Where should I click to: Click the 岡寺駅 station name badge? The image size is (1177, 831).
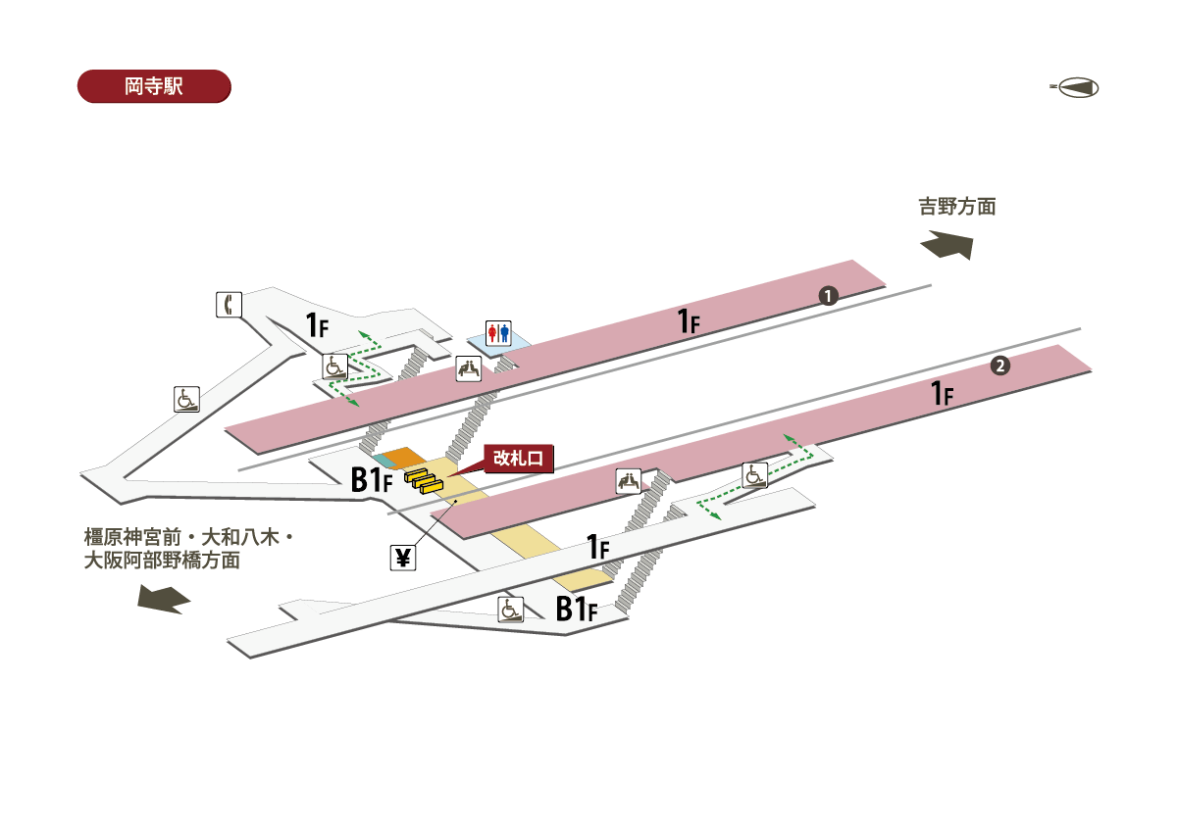[153, 86]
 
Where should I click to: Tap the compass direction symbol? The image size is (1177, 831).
[1076, 88]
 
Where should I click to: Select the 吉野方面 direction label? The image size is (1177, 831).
[956, 207]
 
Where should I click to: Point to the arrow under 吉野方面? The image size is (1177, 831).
[947, 244]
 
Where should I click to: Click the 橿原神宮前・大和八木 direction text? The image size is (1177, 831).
[189, 538]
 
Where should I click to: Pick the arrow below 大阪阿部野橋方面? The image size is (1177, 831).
[163, 599]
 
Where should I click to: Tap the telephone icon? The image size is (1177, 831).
[228, 305]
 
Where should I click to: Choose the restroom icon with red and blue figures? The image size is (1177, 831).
[498, 333]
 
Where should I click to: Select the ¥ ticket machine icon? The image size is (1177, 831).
[403, 558]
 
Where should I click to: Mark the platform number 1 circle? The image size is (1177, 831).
[828, 295]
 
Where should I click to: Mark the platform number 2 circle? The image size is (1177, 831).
[999, 367]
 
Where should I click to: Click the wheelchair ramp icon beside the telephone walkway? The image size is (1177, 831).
[187, 400]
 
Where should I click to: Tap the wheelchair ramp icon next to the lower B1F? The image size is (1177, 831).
[511, 609]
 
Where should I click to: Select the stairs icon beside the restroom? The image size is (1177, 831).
[470, 368]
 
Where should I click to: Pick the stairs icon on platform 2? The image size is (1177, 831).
[629, 481]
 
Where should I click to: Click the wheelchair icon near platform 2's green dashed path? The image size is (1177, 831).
[754, 474]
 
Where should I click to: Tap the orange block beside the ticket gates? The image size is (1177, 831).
[401, 458]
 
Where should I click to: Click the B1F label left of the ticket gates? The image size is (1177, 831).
[372, 479]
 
